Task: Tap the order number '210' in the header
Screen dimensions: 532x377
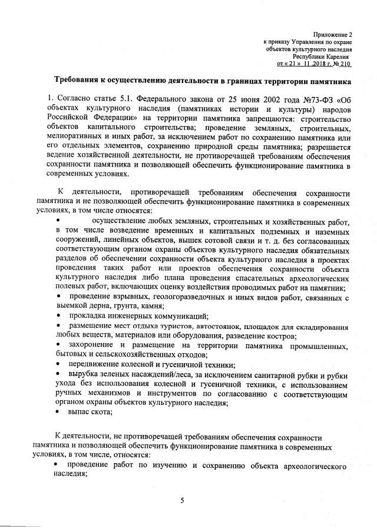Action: click(x=345, y=64)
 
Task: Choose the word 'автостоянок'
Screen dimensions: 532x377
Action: click(x=224, y=326)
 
